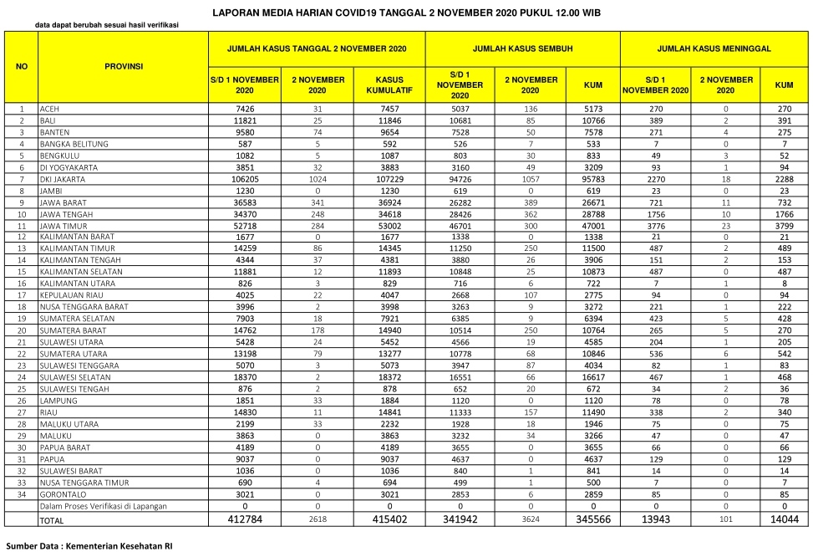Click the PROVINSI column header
(124, 67)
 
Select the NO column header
(22, 67)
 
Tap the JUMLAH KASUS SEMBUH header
(522, 50)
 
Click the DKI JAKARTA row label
(64, 179)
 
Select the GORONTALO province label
(64, 494)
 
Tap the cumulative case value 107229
(389, 179)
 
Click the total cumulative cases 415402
(389, 520)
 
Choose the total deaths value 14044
(784, 520)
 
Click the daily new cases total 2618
(318, 520)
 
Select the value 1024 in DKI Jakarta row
(318, 179)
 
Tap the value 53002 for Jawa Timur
(389, 226)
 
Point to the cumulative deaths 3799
(784, 226)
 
